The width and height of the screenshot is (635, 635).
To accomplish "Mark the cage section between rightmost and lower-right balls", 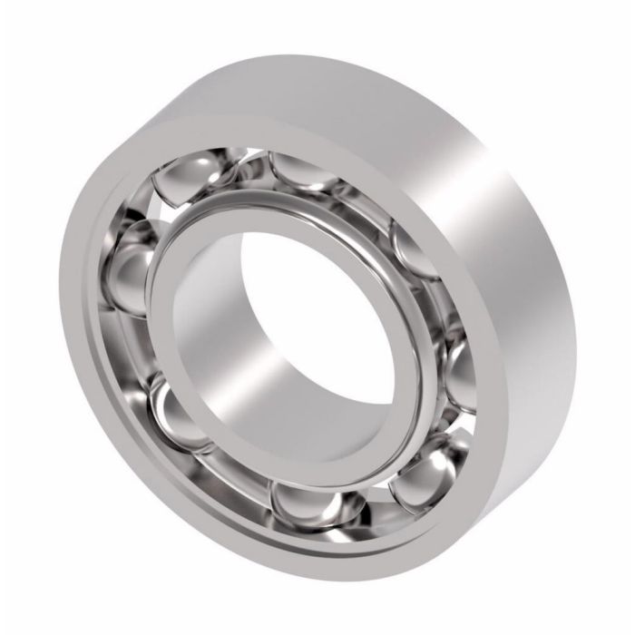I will click(454, 426).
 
